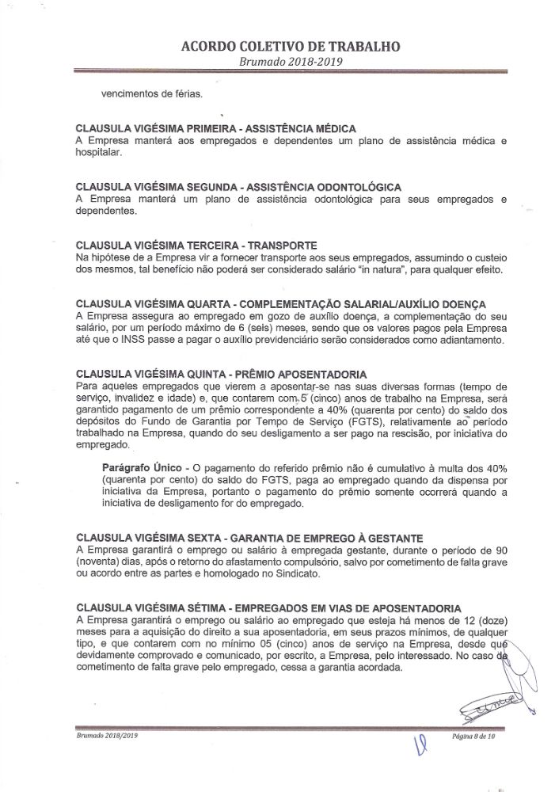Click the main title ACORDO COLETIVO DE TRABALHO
coord(279,46)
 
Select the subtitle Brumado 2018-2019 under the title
coord(279,62)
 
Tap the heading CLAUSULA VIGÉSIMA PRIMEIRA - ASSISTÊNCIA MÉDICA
coord(215,128)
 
